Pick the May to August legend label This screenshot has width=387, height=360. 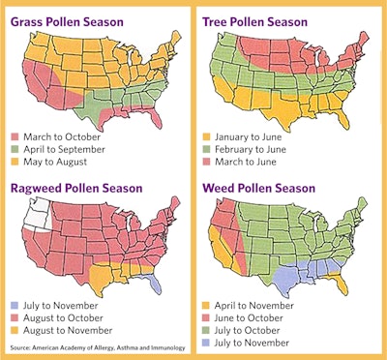tap(57, 161)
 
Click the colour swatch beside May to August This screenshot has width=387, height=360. tap(15, 161)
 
